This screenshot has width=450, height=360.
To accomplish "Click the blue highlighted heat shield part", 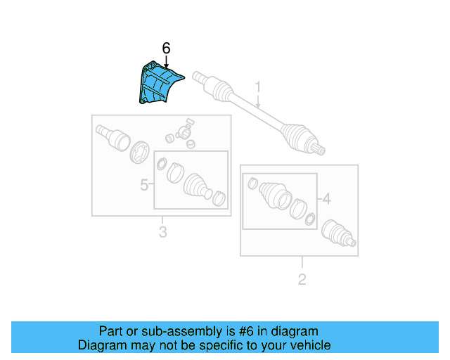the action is tap(155, 84).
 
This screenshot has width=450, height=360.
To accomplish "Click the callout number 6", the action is tap(166, 48).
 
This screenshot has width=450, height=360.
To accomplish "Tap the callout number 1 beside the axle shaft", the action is tap(257, 87).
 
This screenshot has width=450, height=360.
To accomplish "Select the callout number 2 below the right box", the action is tap(302, 280).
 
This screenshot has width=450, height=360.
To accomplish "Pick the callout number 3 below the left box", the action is tap(162, 232).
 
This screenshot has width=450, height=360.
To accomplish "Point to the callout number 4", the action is tap(326, 199).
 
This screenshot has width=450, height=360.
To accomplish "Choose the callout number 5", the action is tap(144, 185).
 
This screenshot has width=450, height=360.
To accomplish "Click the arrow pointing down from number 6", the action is tap(166, 62).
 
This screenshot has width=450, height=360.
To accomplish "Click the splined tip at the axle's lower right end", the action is tap(320, 148).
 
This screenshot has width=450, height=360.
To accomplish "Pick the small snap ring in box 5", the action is tap(161, 165).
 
